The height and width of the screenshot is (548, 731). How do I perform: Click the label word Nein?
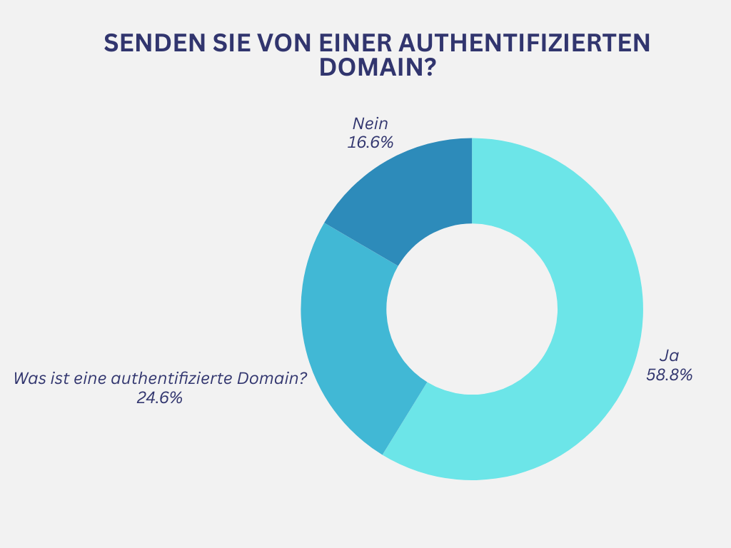coord(370,124)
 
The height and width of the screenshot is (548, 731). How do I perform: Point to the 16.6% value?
coord(370,142)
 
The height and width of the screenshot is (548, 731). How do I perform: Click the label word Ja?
coord(669,356)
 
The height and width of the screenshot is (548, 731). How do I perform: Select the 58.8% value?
coord(670,375)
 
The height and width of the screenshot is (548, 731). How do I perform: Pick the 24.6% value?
coord(160,398)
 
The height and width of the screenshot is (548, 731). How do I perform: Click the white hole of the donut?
coord(472,309)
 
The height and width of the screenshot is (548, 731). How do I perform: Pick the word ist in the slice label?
coord(60,378)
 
